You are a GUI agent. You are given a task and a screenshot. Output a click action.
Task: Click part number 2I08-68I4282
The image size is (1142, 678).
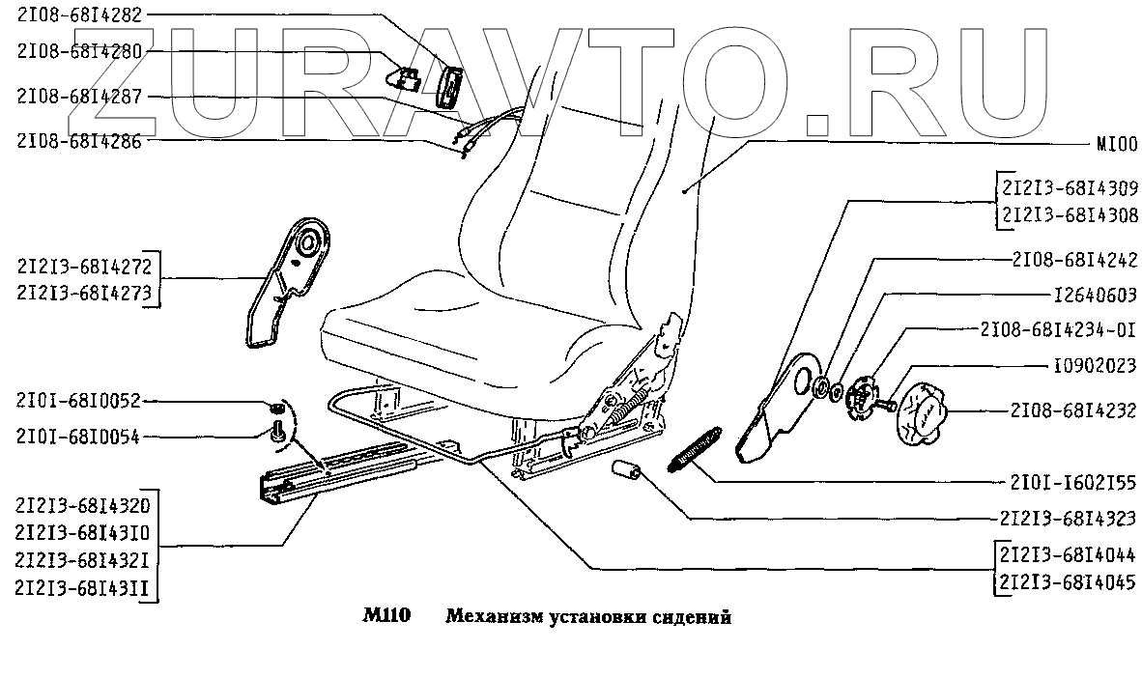tap(79, 15)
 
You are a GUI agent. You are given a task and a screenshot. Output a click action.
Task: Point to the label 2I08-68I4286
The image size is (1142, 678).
tap(79, 140)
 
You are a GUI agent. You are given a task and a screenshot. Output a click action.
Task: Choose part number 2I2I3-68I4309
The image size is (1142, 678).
tap(1070, 188)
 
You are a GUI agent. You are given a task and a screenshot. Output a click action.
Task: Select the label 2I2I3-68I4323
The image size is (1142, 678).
tap(1068, 517)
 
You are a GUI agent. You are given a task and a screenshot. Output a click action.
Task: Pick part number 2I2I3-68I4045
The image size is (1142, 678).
tap(1070, 582)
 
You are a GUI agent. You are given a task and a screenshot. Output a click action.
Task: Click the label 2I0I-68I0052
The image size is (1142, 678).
tap(79, 400)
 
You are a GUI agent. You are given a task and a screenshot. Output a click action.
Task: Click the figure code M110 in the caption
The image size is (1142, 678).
tap(386, 616)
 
